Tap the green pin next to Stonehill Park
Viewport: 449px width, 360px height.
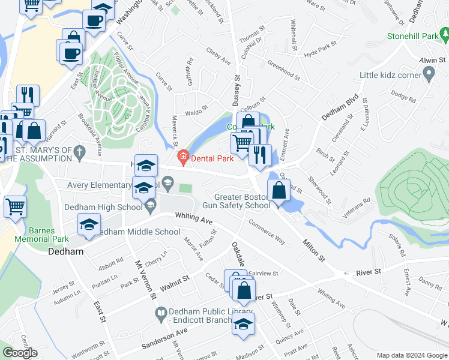coord(445,36)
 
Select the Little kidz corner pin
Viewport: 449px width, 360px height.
coord(429,75)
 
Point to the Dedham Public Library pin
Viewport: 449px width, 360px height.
coord(161,313)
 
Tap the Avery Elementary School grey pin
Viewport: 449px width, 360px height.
coord(168,181)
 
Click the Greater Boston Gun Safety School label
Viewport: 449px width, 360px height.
coord(243,201)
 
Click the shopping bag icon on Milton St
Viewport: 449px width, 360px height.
coord(279,191)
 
